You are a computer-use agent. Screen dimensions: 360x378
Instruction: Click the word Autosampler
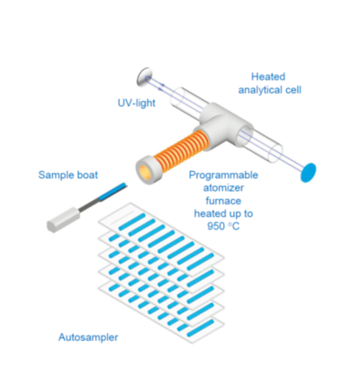pos(88,337)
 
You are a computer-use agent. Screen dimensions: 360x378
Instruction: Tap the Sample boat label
pos(68,175)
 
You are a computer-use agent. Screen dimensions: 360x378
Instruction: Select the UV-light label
pos(137,103)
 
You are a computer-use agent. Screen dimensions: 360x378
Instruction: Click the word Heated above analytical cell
pos(268,76)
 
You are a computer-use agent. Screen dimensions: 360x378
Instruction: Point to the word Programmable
pos(223,175)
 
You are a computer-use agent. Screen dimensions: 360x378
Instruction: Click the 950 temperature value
pos(217,226)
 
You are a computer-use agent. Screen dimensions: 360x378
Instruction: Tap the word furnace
pos(223,201)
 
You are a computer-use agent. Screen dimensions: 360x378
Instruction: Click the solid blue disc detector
pos(309,172)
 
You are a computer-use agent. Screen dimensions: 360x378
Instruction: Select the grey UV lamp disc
pos(144,76)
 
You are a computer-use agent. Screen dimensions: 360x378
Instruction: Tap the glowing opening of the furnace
pos(147,171)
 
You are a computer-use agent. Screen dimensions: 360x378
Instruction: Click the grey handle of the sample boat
pos(64,219)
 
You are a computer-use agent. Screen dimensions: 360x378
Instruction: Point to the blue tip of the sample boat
pos(112,191)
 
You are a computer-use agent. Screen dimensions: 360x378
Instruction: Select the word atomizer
pos(223,188)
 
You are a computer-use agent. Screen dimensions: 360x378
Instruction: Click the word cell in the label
pos(292,90)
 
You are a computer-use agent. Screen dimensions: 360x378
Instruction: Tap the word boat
pos(86,175)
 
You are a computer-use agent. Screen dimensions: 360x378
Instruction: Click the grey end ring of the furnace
pos(147,171)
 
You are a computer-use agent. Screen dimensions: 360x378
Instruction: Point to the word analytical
pos(260,90)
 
